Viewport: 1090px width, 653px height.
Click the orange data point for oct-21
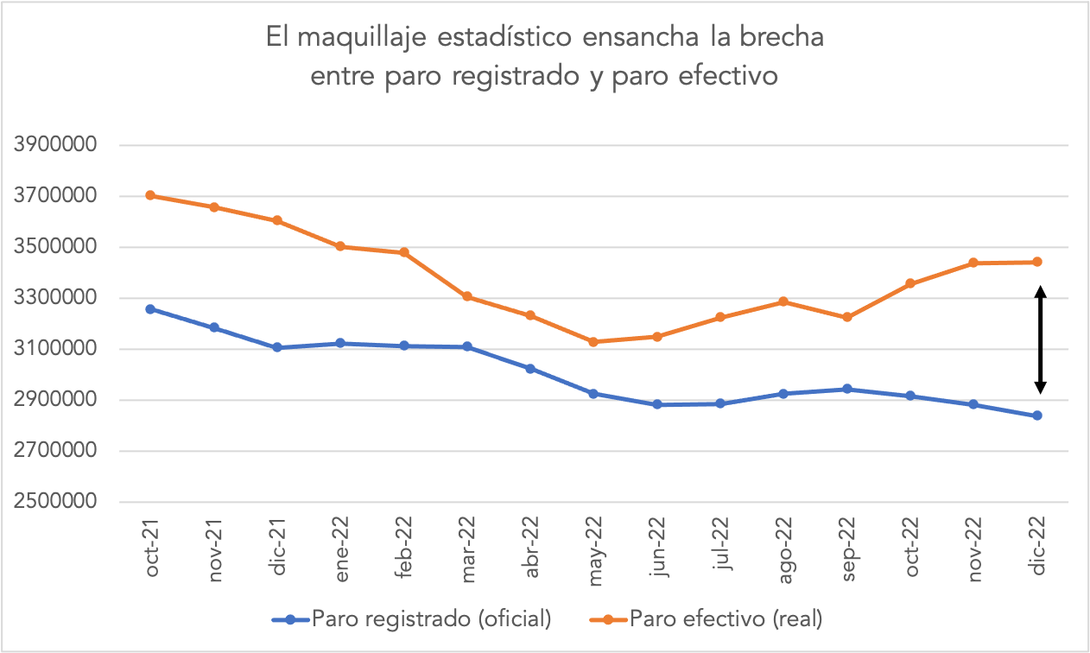pos(150,195)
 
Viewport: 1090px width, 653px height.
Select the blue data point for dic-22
pos(1037,415)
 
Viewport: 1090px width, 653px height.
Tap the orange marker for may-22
pos(593,342)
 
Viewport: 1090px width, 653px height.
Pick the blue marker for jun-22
pos(657,404)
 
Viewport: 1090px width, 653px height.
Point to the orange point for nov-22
pos(973,263)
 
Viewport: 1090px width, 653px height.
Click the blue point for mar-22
pos(467,346)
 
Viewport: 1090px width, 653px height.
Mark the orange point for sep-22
pos(847,317)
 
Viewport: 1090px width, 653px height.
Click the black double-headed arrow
pos(1041,339)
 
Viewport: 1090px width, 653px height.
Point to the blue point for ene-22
pos(340,343)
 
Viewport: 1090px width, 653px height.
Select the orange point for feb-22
pos(403,252)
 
